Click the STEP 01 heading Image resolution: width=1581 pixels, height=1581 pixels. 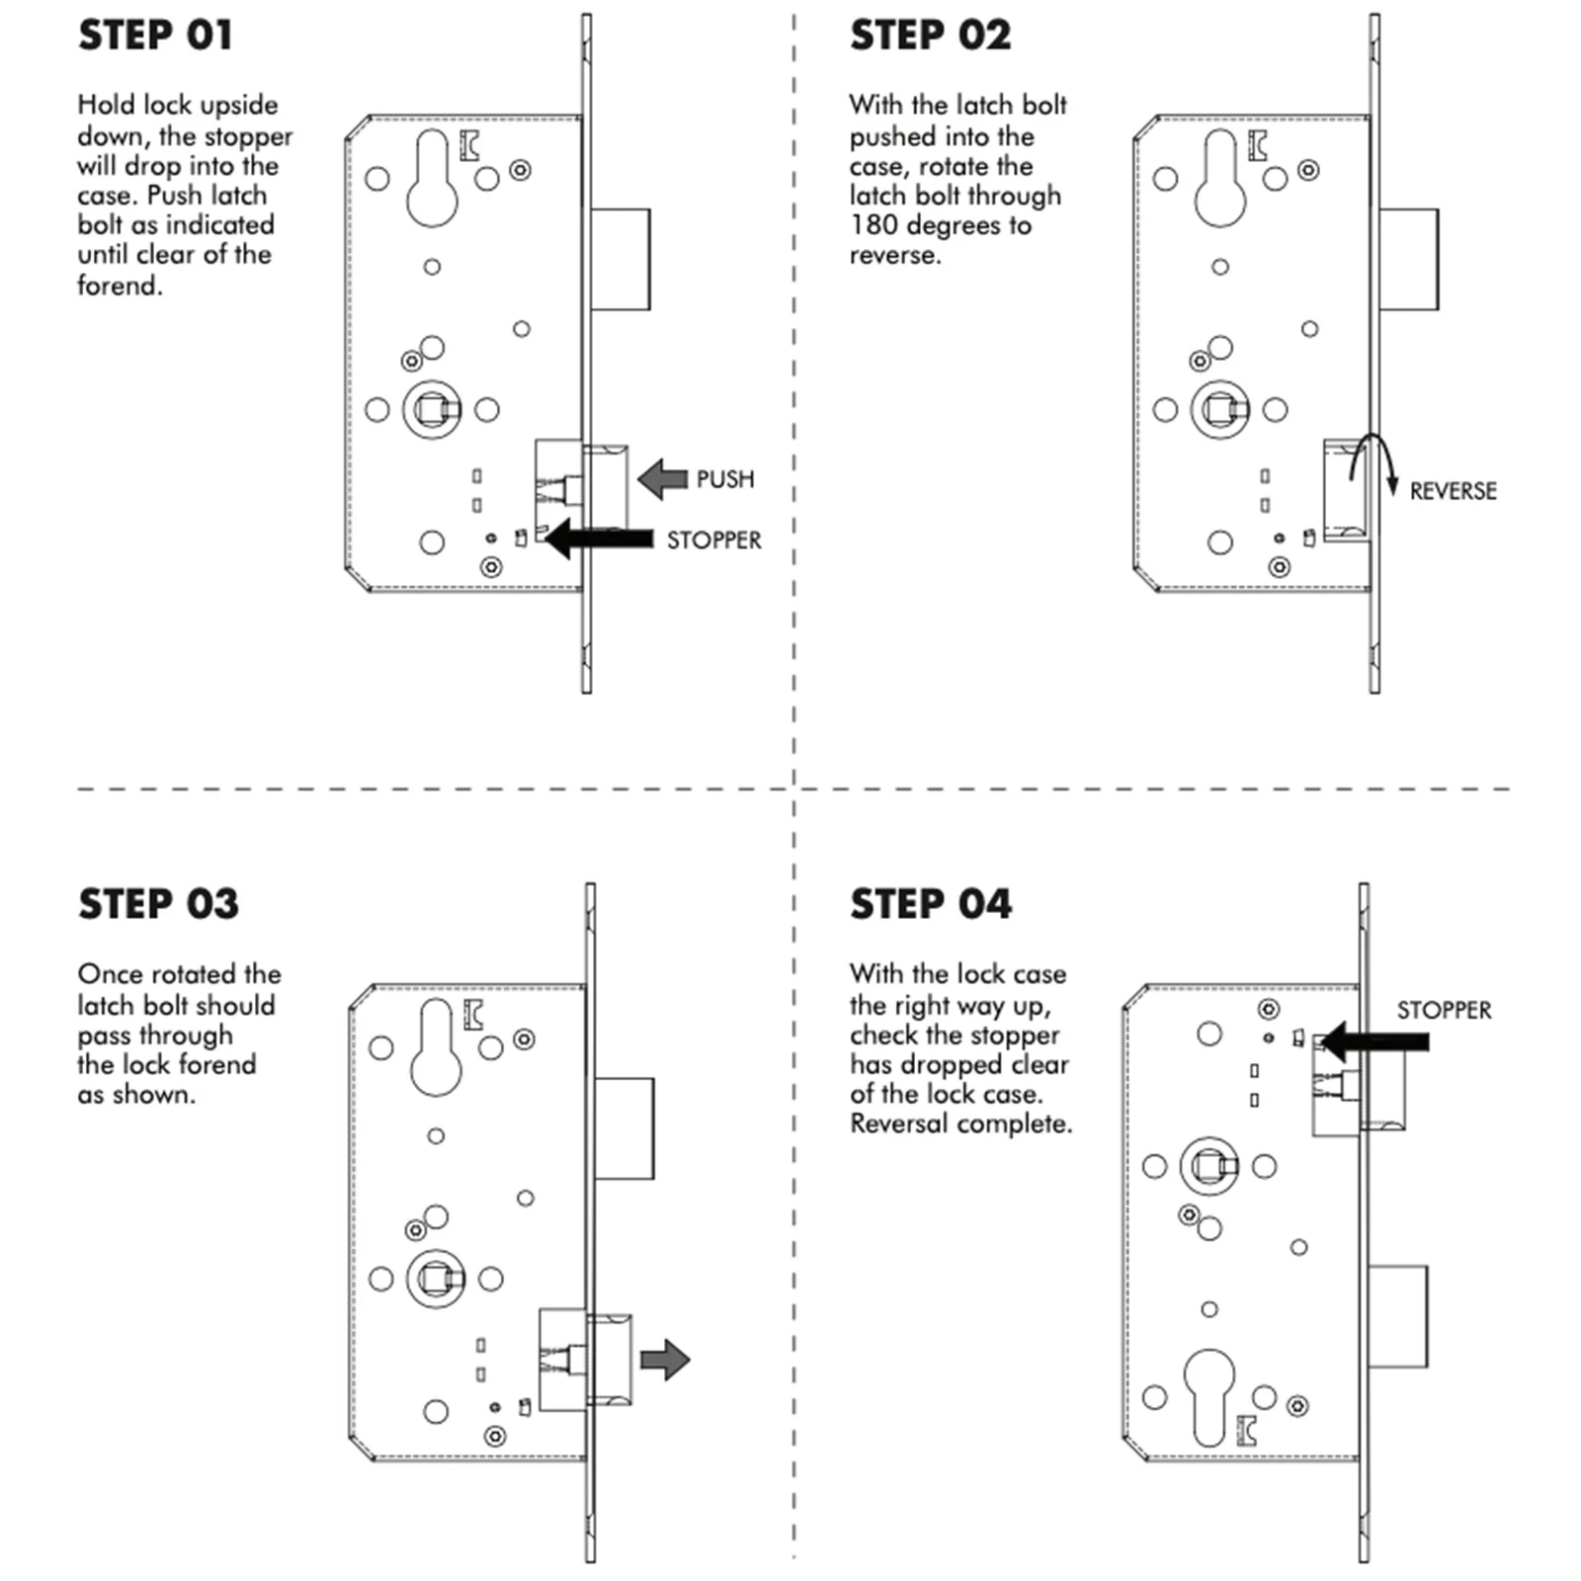(155, 36)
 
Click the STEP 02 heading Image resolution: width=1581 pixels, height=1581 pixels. (931, 36)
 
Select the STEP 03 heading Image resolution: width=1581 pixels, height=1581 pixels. (158, 904)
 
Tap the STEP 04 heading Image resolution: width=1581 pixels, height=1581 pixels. (931, 904)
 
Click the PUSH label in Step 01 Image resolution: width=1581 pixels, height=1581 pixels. (725, 479)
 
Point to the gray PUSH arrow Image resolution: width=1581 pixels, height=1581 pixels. (662, 479)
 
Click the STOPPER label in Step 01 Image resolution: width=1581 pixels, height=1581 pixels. (713, 541)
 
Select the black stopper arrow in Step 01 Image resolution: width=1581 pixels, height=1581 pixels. (599, 539)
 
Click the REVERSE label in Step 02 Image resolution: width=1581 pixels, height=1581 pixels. (1453, 491)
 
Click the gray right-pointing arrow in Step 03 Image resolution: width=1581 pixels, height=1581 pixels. (665, 1360)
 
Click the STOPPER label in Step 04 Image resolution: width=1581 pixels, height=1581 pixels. (1444, 1010)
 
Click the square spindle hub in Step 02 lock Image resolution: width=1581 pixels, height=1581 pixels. (1220, 408)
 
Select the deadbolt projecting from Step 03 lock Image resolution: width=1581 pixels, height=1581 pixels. (624, 1128)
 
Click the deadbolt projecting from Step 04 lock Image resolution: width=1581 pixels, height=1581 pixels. (1397, 1316)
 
